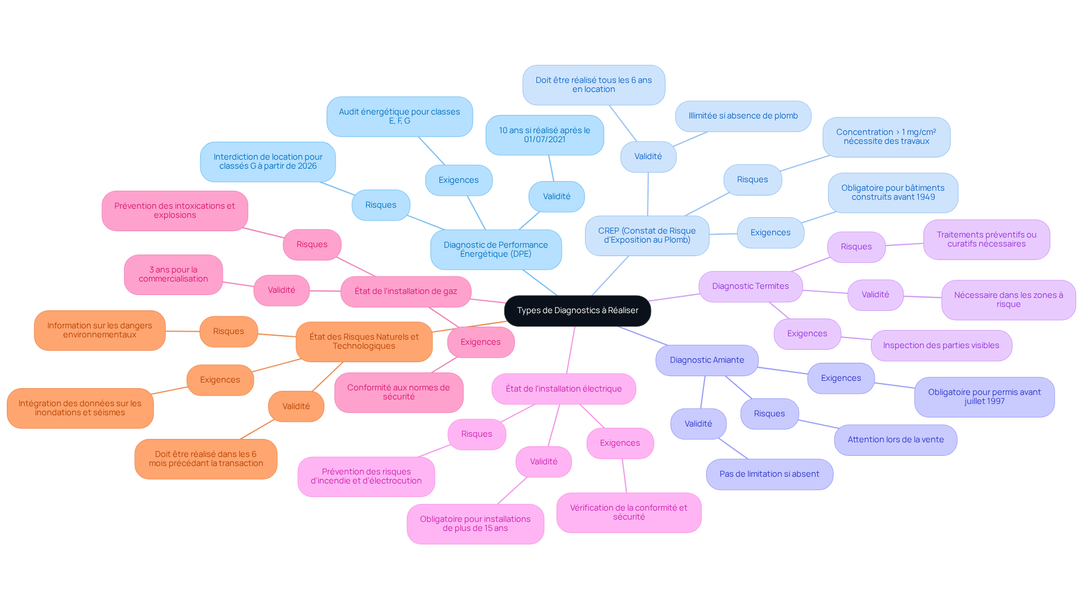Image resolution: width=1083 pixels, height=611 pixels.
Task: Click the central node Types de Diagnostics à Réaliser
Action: [577, 311]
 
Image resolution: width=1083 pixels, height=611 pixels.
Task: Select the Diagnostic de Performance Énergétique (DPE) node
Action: [496, 249]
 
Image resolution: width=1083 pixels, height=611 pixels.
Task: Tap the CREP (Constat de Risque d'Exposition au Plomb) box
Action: [647, 235]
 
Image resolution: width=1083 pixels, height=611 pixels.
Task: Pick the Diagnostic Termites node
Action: [750, 287]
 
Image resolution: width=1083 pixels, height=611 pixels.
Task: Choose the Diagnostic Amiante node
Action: [707, 361]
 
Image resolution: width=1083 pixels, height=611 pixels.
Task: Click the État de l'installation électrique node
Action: [563, 389]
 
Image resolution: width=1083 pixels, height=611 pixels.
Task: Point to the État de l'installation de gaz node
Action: [406, 292]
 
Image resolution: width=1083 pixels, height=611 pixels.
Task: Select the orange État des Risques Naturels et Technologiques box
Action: [364, 342]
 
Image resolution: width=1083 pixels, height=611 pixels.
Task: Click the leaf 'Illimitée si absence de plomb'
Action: [743, 116]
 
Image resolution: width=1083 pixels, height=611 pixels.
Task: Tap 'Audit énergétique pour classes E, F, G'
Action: [399, 117]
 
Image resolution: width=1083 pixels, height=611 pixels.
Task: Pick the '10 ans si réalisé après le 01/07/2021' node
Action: [544, 135]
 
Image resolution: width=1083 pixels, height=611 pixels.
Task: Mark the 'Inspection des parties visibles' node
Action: [941, 346]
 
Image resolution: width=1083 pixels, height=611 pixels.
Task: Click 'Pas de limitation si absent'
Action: [769, 474]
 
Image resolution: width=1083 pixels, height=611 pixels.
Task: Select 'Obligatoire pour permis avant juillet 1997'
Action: [984, 397]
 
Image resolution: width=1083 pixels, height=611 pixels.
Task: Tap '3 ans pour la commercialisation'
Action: [173, 275]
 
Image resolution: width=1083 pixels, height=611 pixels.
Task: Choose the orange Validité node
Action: [296, 407]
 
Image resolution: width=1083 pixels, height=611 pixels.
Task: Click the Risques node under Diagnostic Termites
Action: [856, 247]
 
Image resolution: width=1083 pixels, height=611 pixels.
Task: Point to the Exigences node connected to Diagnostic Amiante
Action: [841, 379]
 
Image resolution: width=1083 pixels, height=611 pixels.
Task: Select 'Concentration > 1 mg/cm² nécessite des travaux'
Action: [886, 137]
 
